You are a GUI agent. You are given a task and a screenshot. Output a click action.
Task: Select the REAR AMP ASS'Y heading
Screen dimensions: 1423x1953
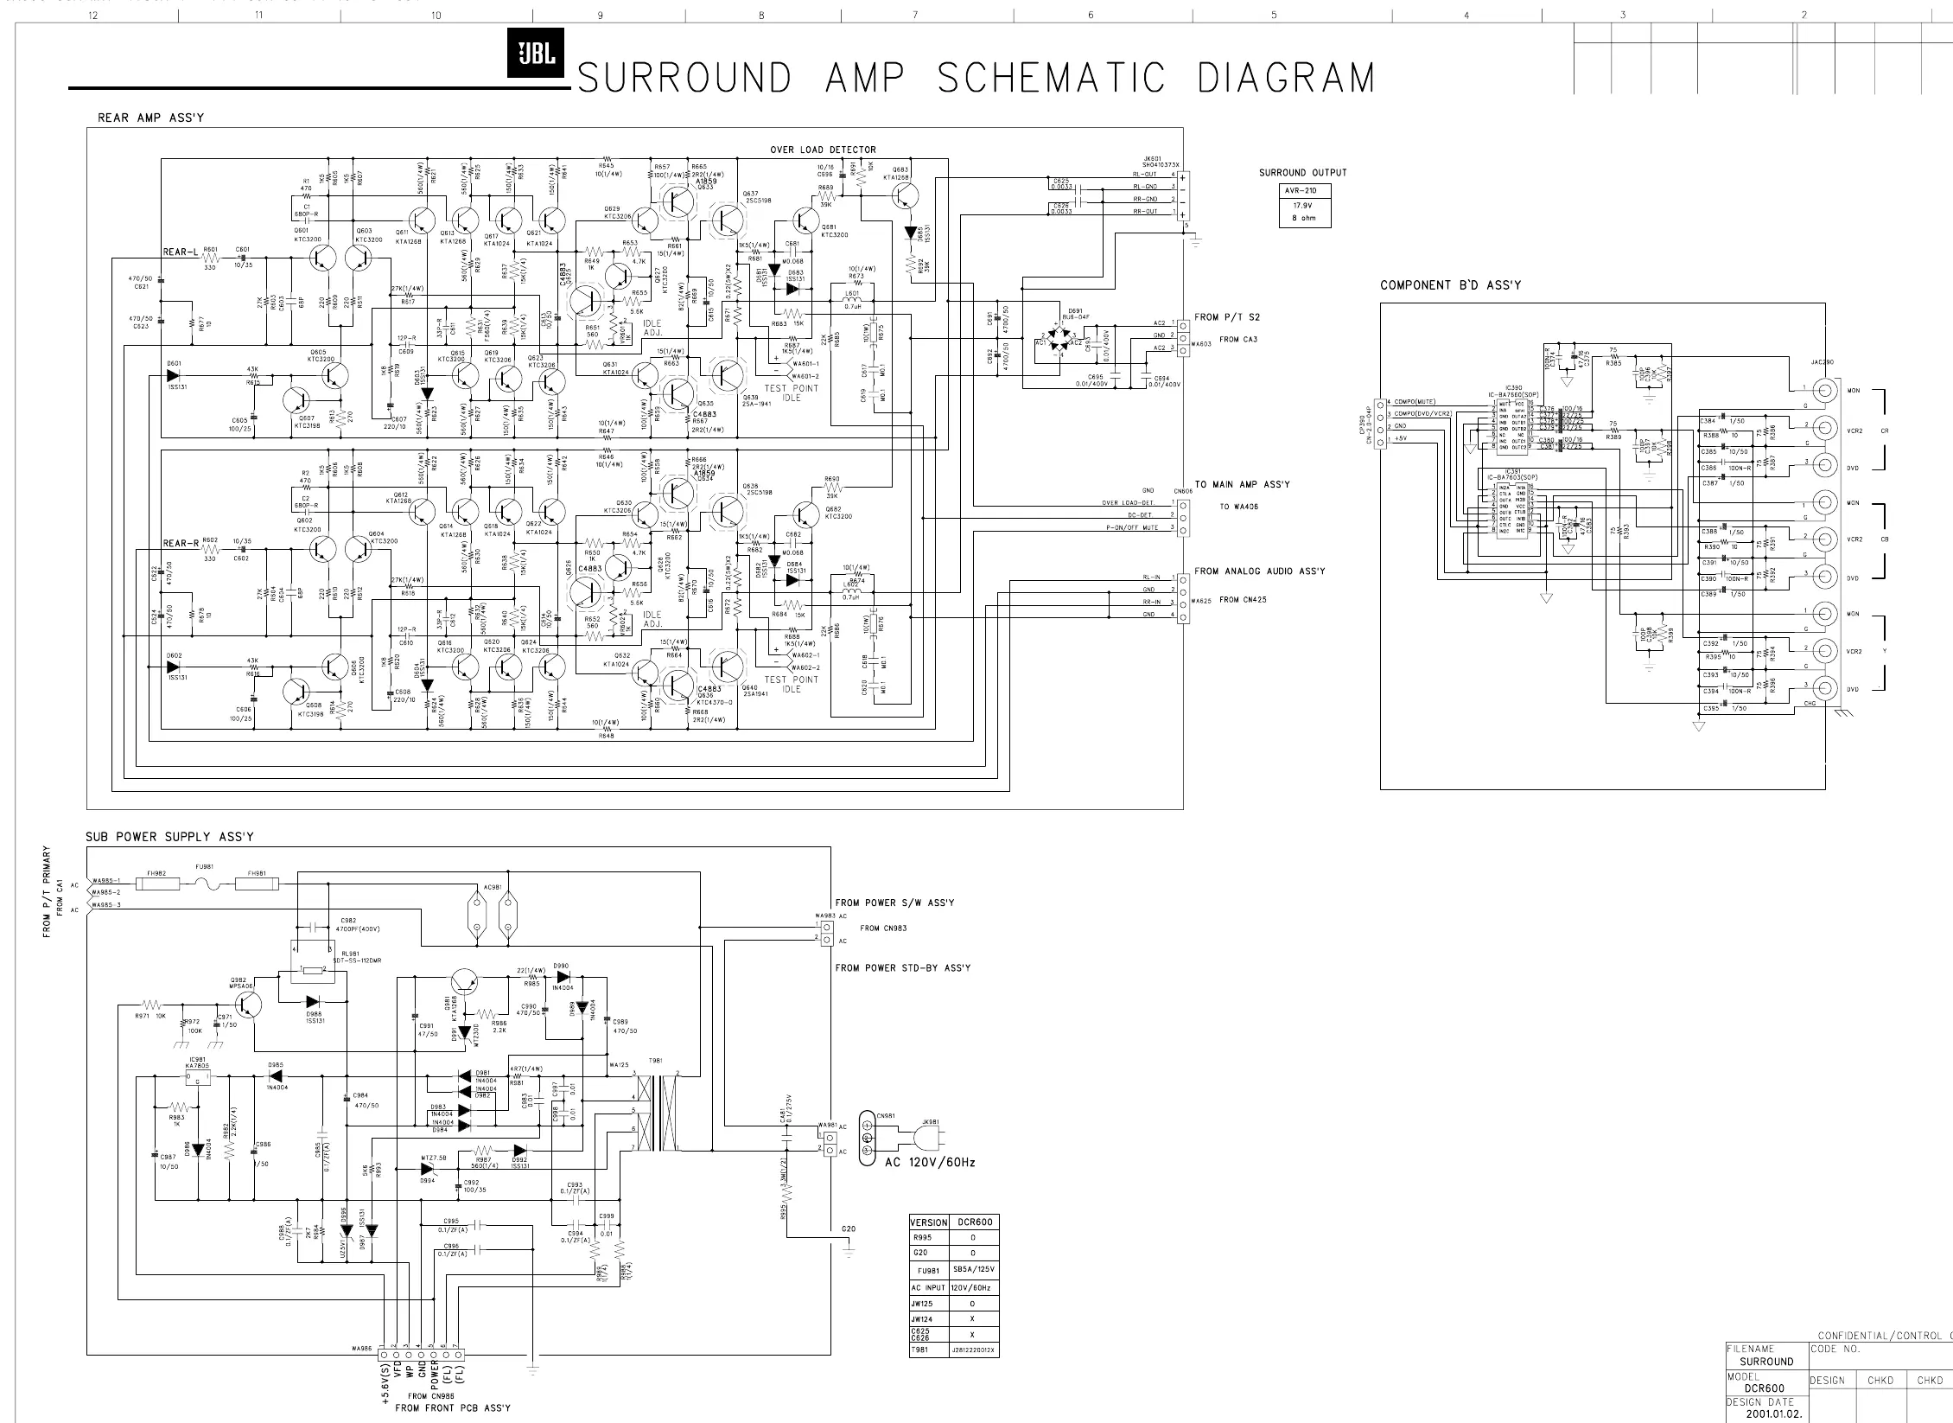pyautogui.click(x=151, y=118)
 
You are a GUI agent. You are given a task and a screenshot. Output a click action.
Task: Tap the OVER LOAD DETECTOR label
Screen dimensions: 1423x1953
pyautogui.click(x=823, y=150)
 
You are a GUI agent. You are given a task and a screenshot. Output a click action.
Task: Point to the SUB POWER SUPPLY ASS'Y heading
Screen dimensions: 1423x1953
pyautogui.click(x=169, y=836)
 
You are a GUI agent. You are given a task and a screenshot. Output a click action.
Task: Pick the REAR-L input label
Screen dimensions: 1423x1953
pyautogui.click(x=181, y=252)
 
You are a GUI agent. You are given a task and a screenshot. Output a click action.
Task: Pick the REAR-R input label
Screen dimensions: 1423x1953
pyautogui.click(x=181, y=543)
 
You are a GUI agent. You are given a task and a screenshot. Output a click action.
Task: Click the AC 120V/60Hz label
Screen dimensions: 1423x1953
pyautogui.click(x=930, y=1162)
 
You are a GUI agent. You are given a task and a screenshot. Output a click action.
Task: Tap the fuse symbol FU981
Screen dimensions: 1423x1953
pyautogui.click(x=207, y=884)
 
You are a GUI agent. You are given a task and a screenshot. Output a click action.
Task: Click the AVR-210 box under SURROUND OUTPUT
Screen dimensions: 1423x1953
pyautogui.click(x=1304, y=191)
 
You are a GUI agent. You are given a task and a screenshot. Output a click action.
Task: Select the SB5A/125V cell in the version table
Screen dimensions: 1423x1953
pyautogui.click(x=974, y=1270)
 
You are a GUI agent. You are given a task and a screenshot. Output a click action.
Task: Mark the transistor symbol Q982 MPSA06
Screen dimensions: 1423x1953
pyautogui.click(x=250, y=1005)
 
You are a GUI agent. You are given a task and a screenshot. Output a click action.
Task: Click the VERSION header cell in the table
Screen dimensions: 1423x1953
pyautogui.click(x=928, y=1222)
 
